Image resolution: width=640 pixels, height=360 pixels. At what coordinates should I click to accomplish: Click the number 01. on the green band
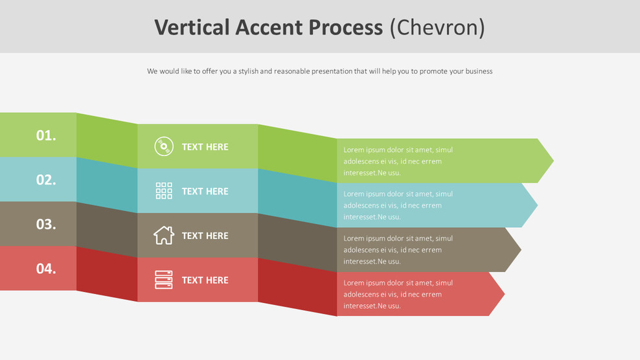coord(46,135)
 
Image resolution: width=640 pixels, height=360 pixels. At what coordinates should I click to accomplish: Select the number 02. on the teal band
coord(46,180)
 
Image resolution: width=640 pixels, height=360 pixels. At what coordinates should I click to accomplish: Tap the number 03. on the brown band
coord(46,224)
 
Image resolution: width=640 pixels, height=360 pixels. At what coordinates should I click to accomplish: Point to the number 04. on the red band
coord(46,268)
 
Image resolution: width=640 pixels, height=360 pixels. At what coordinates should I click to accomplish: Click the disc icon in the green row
coord(164,146)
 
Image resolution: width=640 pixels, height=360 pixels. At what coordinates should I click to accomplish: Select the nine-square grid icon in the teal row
coord(164,190)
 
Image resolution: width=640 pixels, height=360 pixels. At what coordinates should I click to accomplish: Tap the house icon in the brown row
coord(164,235)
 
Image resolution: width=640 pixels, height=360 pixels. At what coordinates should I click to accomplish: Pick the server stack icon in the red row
coord(164,280)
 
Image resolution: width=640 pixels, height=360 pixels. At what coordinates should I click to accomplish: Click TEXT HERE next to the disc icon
coord(205,147)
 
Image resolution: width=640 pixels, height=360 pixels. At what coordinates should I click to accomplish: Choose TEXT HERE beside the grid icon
coord(205,191)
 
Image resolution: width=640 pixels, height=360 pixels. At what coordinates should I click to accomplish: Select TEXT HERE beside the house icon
coord(205,236)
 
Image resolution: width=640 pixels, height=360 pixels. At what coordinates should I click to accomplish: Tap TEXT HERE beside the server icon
coord(205,280)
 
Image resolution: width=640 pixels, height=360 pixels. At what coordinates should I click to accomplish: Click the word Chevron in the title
coord(437,27)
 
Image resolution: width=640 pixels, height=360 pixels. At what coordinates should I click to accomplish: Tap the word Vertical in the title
coord(192,27)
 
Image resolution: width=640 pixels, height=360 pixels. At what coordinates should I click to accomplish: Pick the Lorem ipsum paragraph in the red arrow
coord(398,294)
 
